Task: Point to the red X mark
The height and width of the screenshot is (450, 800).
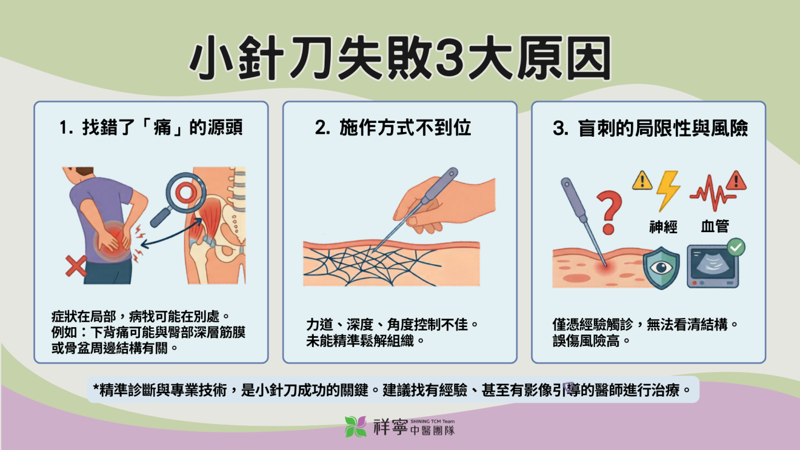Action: coord(75,266)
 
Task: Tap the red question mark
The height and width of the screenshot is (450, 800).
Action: coord(609,212)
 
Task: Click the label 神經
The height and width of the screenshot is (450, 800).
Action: coord(663,226)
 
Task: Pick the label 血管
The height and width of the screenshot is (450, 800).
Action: coord(714,226)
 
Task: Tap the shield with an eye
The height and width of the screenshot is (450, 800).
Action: coord(661,267)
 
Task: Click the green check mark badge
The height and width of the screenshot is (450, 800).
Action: coord(736,247)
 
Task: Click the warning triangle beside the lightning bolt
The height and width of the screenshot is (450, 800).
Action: coord(642,181)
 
